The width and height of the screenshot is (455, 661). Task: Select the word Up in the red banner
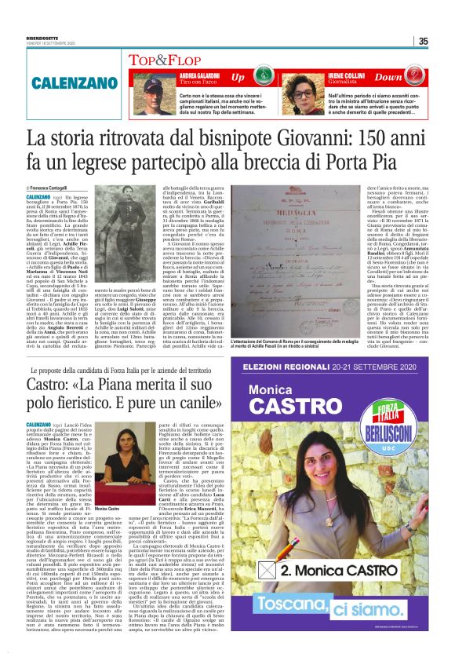click(238, 78)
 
